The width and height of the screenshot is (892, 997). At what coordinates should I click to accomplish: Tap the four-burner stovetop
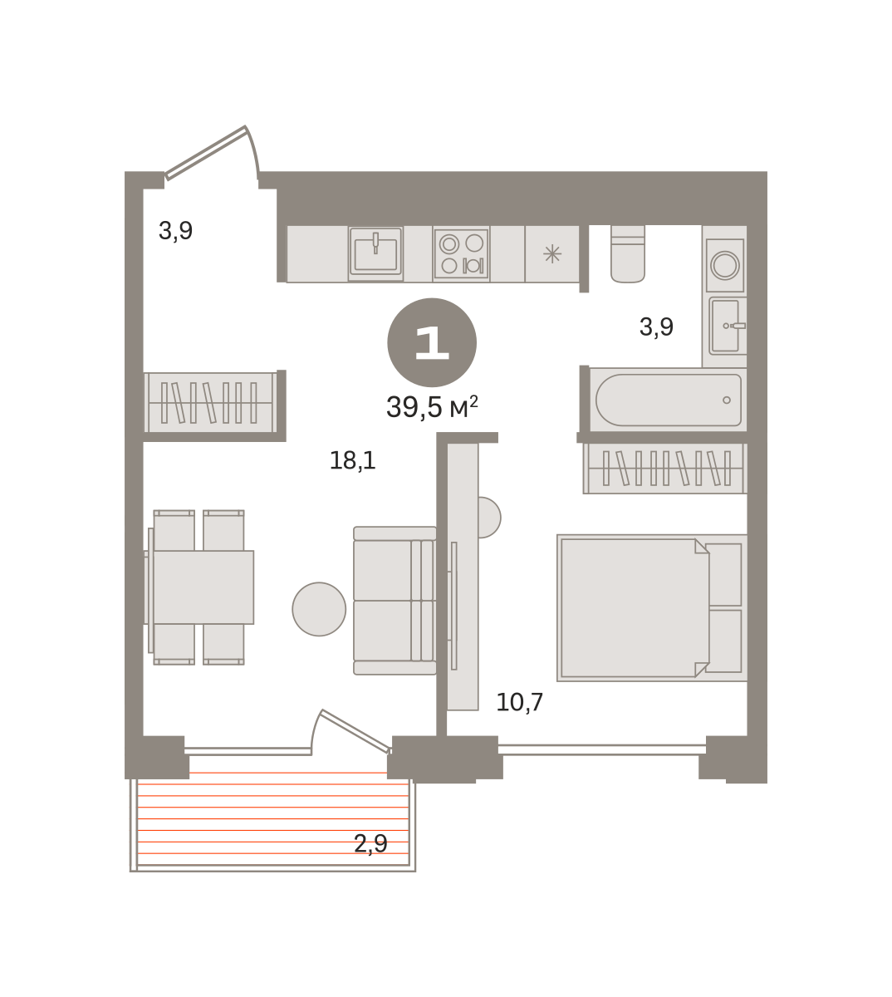click(x=461, y=254)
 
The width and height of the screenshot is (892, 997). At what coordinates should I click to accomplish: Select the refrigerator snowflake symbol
click(x=552, y=254)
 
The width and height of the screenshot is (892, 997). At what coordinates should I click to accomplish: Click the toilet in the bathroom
click(x=628, y=254)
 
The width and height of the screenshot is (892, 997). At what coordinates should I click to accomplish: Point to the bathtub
click(x=668, y=400)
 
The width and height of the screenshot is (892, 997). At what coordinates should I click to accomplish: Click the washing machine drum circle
click(x=725, y=265)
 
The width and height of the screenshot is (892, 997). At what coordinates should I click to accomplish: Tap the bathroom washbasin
click(x=728, y=326)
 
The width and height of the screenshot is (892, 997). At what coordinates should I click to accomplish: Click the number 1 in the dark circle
click(x=432, y=342)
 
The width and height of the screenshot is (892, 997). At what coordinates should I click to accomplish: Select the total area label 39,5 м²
click(x=432, y=407)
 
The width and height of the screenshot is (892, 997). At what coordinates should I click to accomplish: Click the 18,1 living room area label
click(x=352, y=460)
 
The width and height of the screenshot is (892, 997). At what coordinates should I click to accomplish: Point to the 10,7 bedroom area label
click(x=520, y=702)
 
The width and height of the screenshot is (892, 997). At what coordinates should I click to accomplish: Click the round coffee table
click(x=319, y=609)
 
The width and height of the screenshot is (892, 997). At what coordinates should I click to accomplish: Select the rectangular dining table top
click(x=203, y=587)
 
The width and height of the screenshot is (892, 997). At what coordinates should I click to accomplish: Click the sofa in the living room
click(x=395, y=601)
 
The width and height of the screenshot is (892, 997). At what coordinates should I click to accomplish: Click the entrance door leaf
click(x=206, y=152)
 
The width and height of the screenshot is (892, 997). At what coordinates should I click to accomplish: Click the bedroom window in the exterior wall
click(x=601, y=750)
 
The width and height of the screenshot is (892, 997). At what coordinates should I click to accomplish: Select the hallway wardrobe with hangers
click(x=211, y=403)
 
